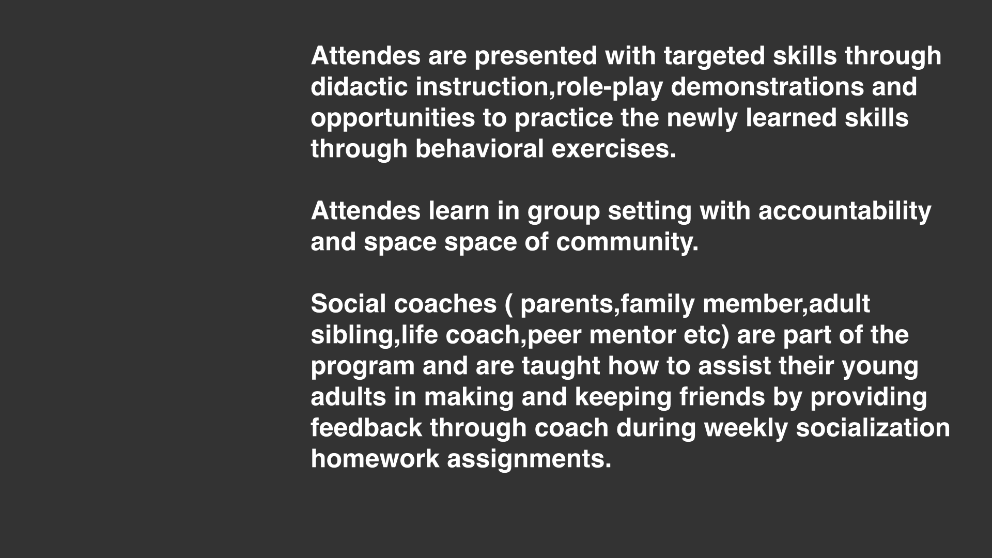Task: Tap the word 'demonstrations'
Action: point(767,86)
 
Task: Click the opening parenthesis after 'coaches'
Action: point(507,305)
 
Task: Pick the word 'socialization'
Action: point(873,427)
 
